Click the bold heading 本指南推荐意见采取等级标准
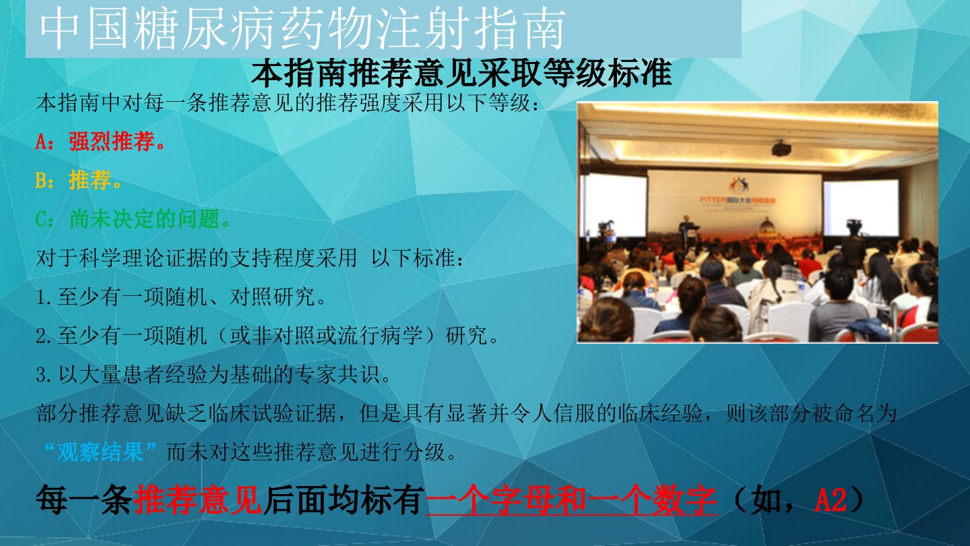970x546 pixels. pyautogui.click(x=461, y=73)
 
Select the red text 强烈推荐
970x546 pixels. pyautogui.click(x=112, y=142)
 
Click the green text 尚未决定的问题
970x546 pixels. pyautogui.click(x=145, y=219)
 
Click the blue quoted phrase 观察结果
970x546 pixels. pyautogui.click(x=100, y=452)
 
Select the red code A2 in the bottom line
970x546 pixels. pyautogui.click(x=831, y=500)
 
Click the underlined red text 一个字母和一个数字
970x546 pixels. pyautogui.click(x=571, y=500)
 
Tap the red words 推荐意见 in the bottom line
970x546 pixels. pyautogui.click(x=198, y=500)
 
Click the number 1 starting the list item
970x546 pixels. pyautogui.click(x=41, y=297)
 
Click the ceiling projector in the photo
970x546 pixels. pyautogui.click(x=781, y=148)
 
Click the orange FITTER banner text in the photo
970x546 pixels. pyautogui.click(x=738, y=200)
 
